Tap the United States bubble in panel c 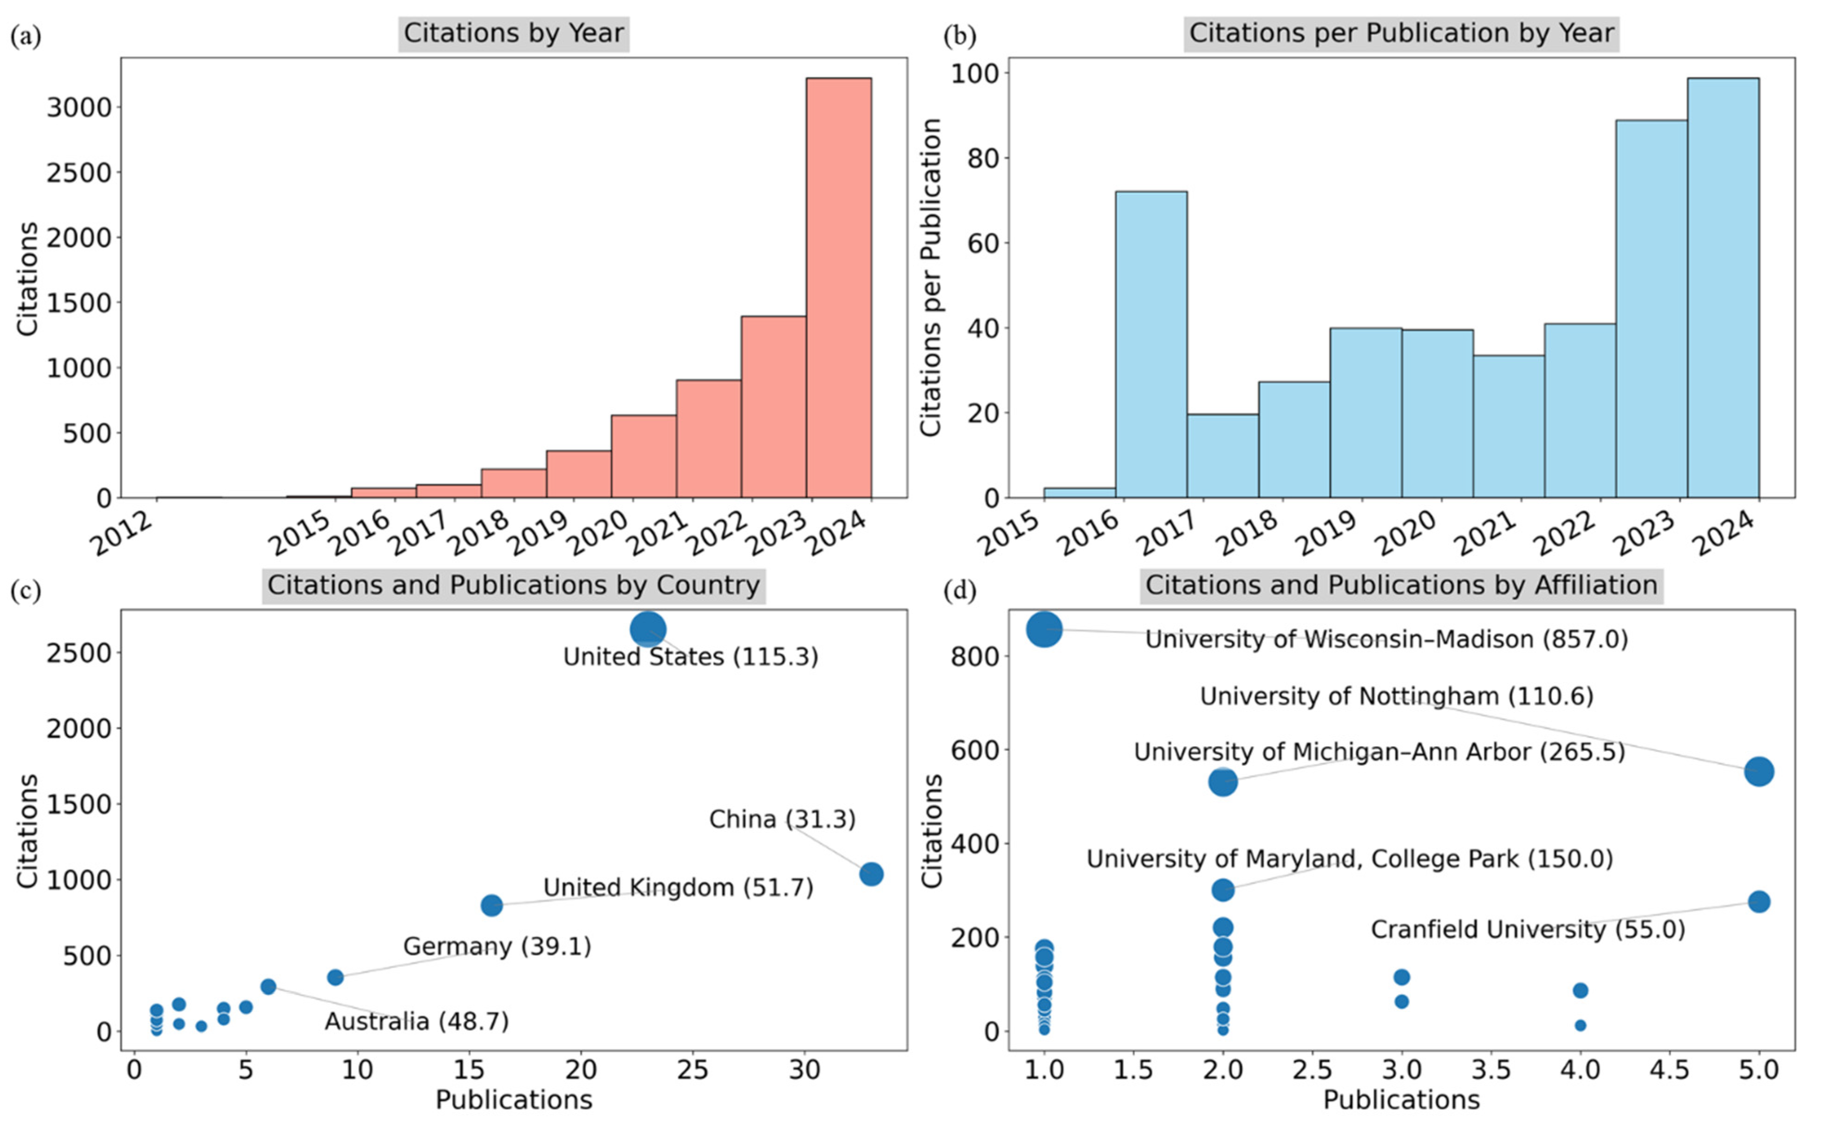pyautogui.click(x=648, y=630)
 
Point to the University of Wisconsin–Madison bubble pyautogui.click(x=1045, y=629)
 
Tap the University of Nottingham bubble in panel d pyautogui.click(x=1758, y=772)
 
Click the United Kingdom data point pyautogui.click(x=491, y=905)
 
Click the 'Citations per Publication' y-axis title pyautogui.click(x=931, y=277)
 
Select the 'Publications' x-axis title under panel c pyautogui.click(x=513, y=1099)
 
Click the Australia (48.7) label pyautogui.click(x=416, y=1021)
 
